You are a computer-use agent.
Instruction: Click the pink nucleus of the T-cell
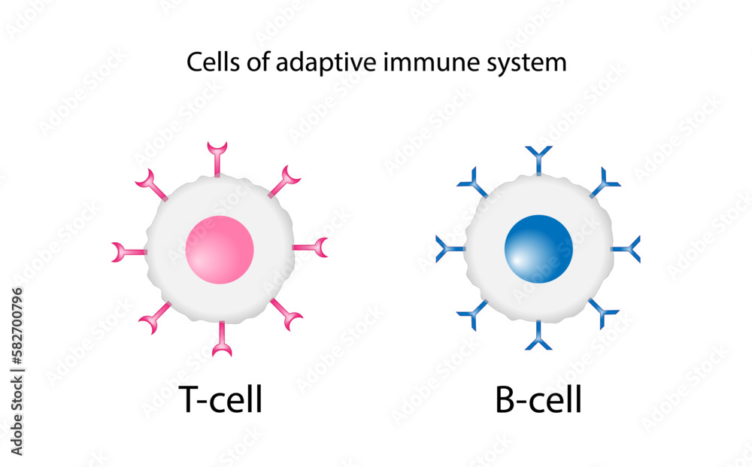220,250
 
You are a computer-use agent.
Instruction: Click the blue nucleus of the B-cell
538,249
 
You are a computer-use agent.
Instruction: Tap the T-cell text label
220,399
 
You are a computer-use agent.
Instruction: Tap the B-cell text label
538,399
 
